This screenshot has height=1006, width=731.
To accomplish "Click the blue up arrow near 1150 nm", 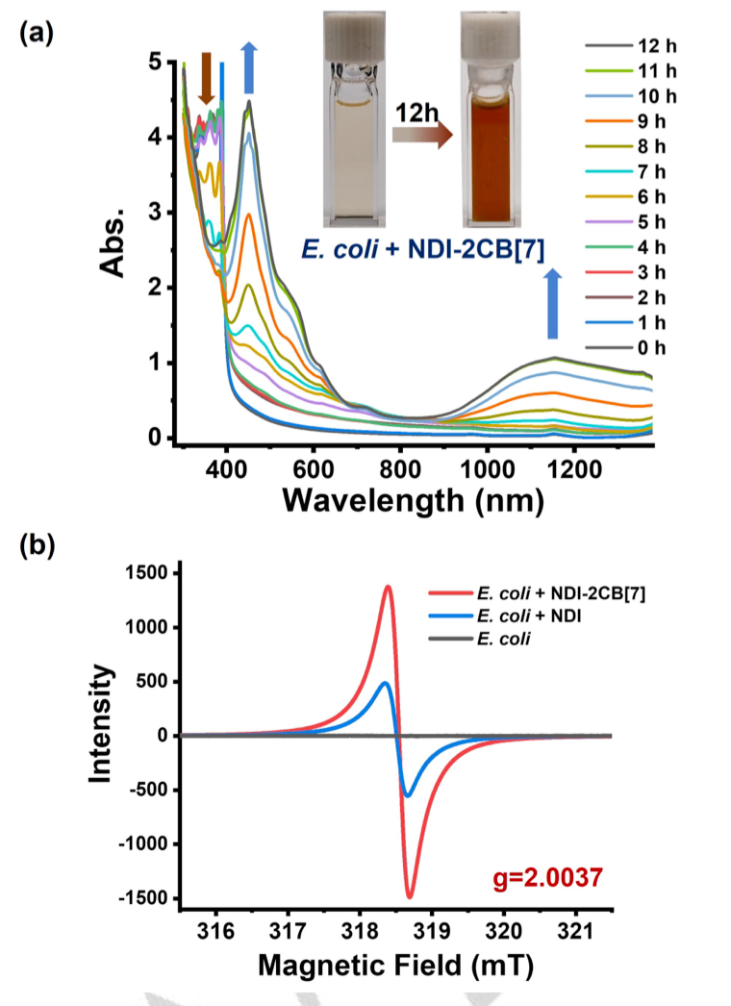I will point(552,303).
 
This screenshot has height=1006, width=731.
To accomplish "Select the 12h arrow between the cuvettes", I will point(422,126).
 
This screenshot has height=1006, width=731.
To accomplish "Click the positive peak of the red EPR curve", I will point(388,586).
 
